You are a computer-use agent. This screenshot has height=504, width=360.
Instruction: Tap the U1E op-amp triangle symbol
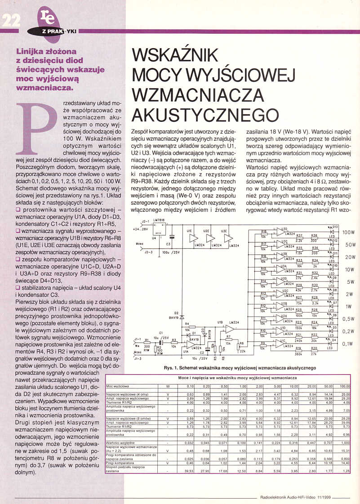pyautogui.click(x=193, y=239)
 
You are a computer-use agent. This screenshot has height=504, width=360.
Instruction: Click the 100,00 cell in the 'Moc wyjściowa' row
pyautogui.click(x=344, y=386)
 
